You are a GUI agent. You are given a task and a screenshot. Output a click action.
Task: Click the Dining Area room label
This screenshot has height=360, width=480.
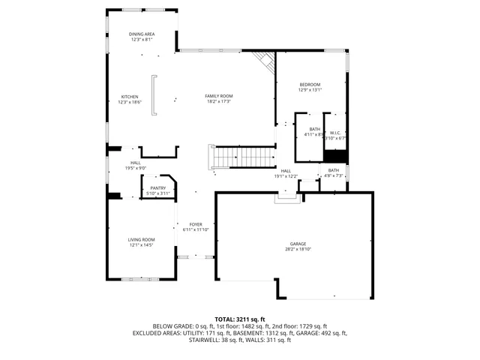(141, 34)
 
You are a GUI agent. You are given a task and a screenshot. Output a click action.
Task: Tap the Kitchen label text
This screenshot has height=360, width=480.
(130, 97)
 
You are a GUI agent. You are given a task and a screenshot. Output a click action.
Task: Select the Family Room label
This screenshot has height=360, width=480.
(220, 96)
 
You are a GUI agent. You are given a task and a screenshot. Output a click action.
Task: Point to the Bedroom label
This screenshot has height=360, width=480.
(310, 84)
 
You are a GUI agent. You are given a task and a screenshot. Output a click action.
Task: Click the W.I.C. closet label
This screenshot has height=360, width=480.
(335, 133)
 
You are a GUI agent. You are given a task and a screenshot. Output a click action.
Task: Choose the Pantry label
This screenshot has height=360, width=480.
(157, 188)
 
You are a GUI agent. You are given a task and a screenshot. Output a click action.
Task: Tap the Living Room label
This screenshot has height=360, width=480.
(141, 239)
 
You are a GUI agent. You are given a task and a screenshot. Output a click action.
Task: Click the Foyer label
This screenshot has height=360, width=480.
(196, 224)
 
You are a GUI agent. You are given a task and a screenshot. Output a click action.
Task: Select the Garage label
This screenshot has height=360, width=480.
(298, 244)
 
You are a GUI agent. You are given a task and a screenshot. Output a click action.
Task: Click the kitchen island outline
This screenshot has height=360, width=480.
(154, 95)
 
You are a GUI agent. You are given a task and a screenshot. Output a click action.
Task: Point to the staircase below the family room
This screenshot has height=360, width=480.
(241, 157)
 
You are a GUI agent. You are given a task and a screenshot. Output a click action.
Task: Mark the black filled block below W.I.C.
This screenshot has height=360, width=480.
(335, 155)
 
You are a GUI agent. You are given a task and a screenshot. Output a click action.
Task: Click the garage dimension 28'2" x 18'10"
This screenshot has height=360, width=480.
(298, 250)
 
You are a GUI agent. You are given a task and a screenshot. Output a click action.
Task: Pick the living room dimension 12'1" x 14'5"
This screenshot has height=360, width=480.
(141, 245)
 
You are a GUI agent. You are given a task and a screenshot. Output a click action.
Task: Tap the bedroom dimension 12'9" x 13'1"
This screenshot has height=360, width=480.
(310, 90)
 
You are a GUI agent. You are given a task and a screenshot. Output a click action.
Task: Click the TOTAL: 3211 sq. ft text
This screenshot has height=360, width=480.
(240, 319)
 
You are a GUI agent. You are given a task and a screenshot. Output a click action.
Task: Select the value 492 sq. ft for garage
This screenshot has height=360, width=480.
(334, 333)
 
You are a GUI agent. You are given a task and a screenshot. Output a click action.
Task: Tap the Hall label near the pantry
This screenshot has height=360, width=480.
(135, 163)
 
